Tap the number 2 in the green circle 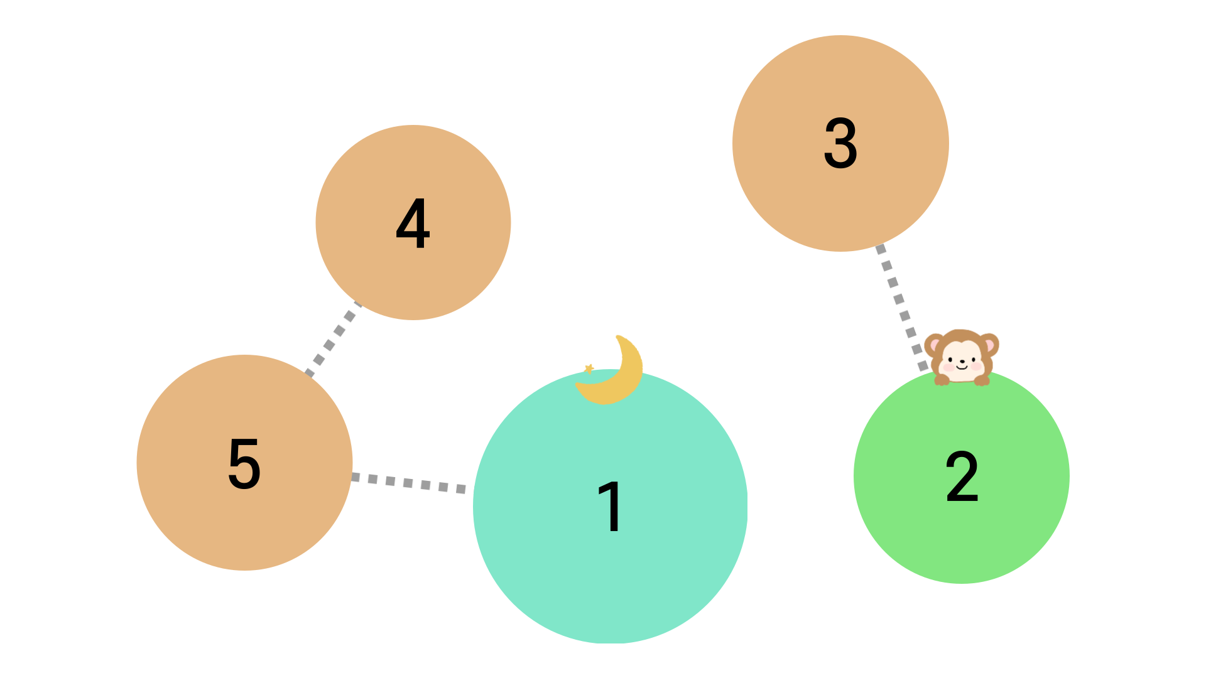(x=962, y=476)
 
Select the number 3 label (x=840, y=144)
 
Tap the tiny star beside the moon (x=589, y=369)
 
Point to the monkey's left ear (x=934, y=345)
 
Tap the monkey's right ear (x=989, y=345)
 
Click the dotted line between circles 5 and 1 (x=408, y=483)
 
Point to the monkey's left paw (x=942, y=379)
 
